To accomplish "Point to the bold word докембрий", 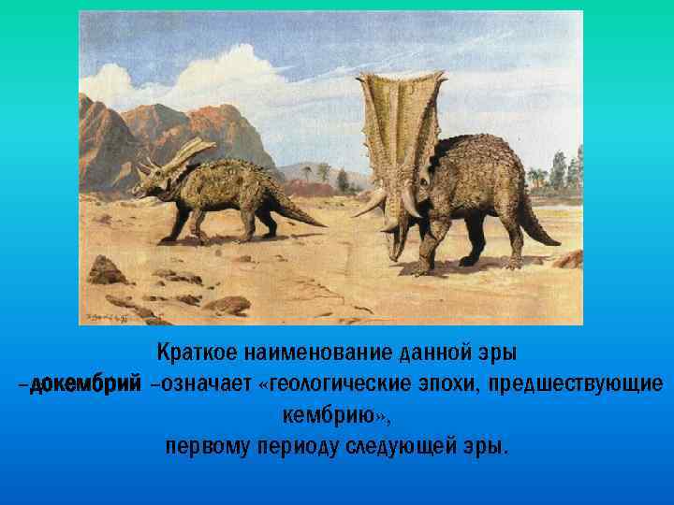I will point(85,384).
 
